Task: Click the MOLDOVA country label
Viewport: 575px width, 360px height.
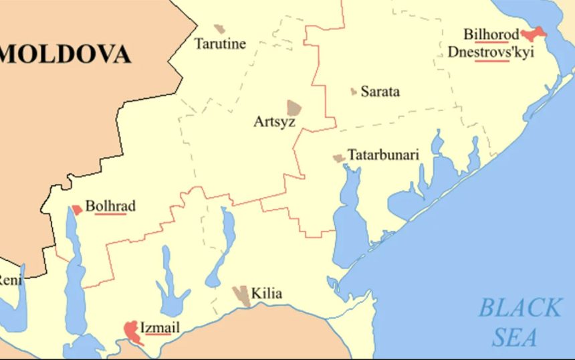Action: coord(65,54)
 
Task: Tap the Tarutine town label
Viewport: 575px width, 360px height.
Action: coord(220,44)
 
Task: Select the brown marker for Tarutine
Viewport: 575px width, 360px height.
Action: coord(219,29)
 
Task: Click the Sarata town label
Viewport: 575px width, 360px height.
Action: coord(380,92)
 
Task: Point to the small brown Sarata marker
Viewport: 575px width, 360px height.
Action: coord(354,91)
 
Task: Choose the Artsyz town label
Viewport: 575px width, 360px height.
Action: coord(274,122)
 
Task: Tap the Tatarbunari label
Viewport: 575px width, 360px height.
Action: coord(384,155)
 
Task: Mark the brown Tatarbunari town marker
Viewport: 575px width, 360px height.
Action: coord(339,158)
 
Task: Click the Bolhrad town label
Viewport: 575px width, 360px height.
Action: coord(110,206)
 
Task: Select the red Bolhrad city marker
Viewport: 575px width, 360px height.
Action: coord(77,209)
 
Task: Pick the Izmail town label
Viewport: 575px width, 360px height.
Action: coord(160,327)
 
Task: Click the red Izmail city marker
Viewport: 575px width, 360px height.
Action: coord(132,331)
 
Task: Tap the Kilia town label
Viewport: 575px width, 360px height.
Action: coord(267,294)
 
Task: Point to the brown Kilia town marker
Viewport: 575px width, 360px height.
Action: coord(241,295)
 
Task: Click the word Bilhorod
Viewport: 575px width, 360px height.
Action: coord(491,34)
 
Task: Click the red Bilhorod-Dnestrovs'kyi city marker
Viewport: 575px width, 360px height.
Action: coord(535,33)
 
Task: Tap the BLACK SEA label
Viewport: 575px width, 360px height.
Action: coord(519,321)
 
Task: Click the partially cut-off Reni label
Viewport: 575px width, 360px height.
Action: coord(9,280)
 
